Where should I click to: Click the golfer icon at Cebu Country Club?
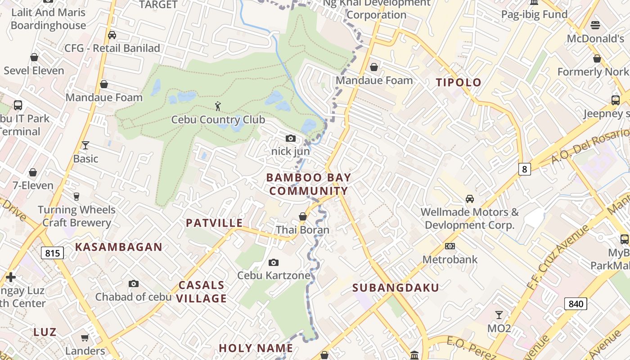(x=218, y=107)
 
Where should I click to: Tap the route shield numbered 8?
(x=524, y=169)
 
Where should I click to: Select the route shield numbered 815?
(x=53, y=253)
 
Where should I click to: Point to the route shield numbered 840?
(x=576, y=304)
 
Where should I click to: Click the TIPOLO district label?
(x=459, y=82)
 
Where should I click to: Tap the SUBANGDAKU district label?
(x=396, y=288)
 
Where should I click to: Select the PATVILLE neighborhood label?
(x=214, y=223)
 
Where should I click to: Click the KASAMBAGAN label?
(x=118, y=247)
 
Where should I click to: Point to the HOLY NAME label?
(x=256, y=348)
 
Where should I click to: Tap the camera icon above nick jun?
(x=291, y=138)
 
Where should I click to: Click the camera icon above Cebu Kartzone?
(x=273, y=262)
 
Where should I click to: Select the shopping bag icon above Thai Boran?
(x=303, y=217)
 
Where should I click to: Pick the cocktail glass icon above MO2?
(x=499, y=315)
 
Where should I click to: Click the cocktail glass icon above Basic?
(x=85, y=145)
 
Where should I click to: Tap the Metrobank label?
(x=450, y=260)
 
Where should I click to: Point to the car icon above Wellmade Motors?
(x=469, y=198)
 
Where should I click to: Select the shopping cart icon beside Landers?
(x=85, y=337)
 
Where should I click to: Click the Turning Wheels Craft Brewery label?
(x=76, y=216)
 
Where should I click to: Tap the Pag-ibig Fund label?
(x=534, y=14)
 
